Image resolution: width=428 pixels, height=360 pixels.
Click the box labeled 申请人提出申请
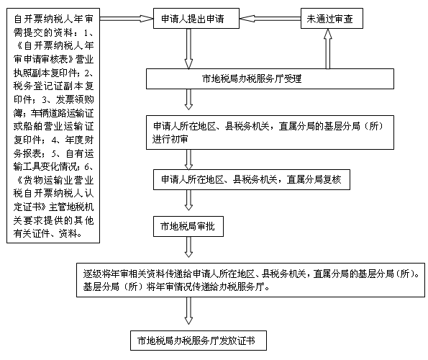tap(196, 18)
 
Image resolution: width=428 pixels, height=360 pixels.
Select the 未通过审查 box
tap(332, 18)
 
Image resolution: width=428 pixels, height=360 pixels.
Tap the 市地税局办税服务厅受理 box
tap(270, 79)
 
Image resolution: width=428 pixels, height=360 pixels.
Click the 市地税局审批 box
tap(188, 226)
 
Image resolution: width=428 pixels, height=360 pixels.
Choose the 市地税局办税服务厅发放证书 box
tap(199, 341)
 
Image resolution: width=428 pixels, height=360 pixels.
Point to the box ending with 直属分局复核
tap(252, 180)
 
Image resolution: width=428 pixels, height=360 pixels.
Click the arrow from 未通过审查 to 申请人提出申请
tap(270, 18)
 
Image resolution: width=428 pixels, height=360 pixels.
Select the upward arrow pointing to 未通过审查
tap(328, 49)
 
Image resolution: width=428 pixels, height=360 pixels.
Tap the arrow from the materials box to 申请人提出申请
tap(127, 18)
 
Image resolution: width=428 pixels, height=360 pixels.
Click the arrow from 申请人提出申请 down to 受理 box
tap(188, 49)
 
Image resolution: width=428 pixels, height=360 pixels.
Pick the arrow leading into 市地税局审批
tap(188, 200)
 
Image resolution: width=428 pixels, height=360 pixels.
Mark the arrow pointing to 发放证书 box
tap(188, 311)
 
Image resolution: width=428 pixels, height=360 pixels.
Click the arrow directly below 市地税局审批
tap(188, 247)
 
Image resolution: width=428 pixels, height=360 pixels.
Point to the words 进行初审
tap(170, 139)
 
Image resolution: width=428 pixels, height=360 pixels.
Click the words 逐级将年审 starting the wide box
tap(106, 274)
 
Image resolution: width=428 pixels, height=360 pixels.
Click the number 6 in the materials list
tap(87, 166)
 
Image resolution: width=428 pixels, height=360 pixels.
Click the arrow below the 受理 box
tap(188, 99)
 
